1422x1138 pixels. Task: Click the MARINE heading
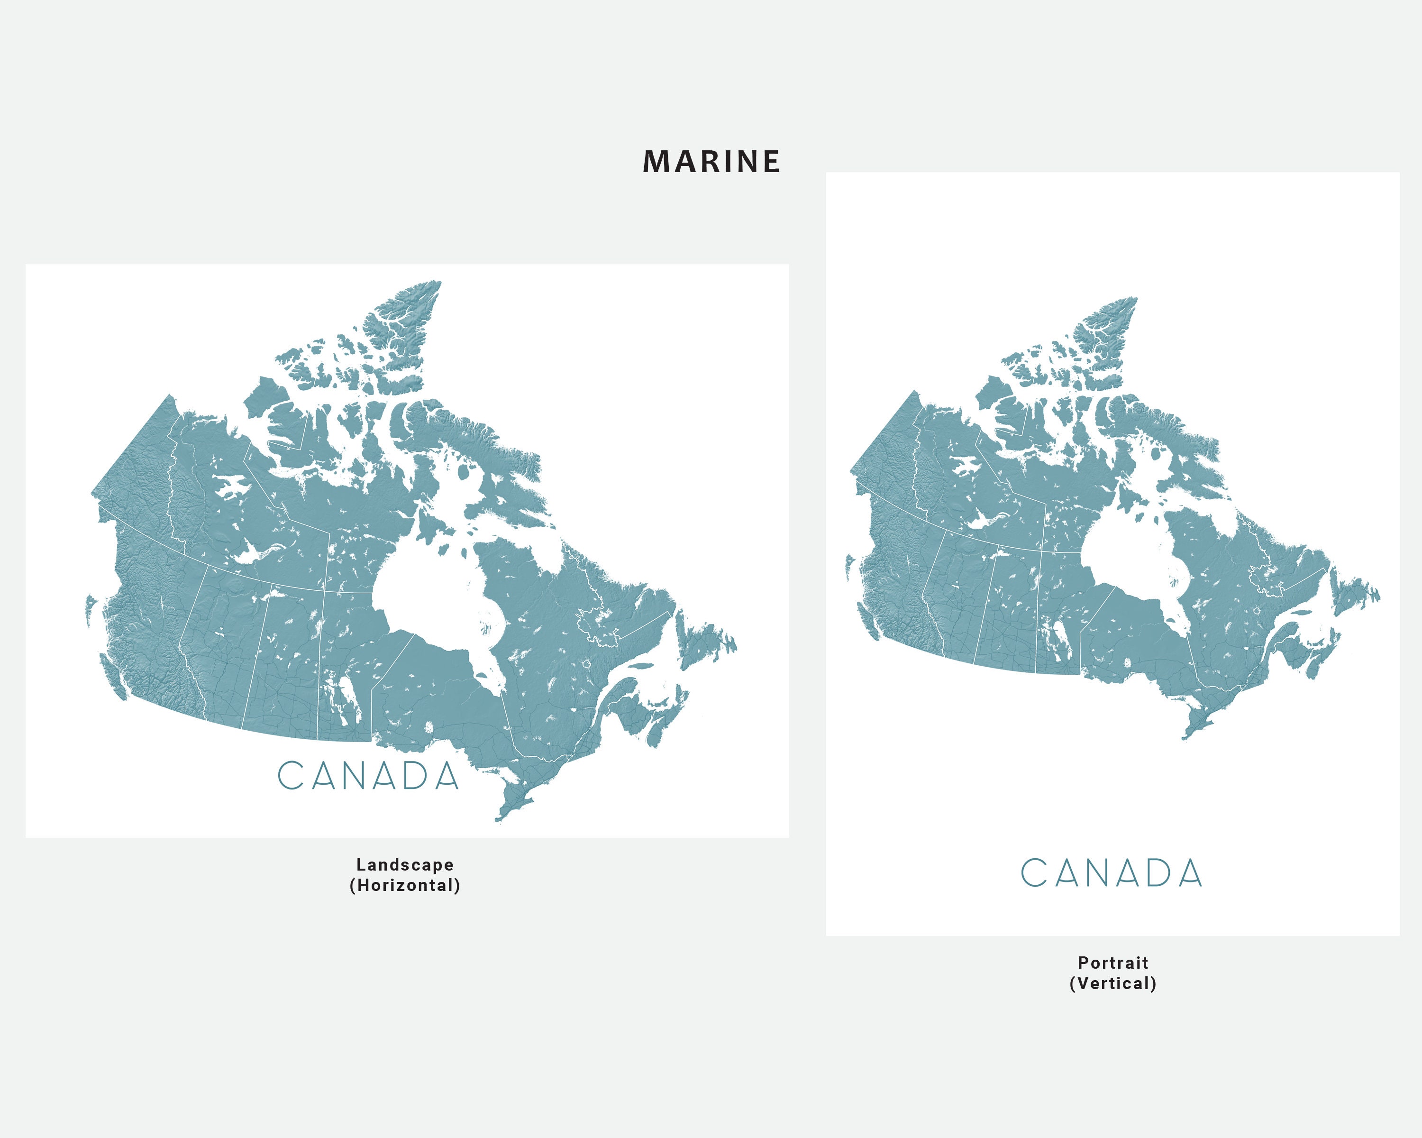click(711, 162)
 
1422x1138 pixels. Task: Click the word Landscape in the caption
click(404, 864)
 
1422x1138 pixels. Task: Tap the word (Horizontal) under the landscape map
click(404, 885)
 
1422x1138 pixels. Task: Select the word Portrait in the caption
click(1112, 963)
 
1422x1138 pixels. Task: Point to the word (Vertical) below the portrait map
click(1112, 983)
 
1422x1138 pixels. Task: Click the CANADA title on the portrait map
click(1112, 873)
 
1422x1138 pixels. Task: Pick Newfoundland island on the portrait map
click(1352, 594)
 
